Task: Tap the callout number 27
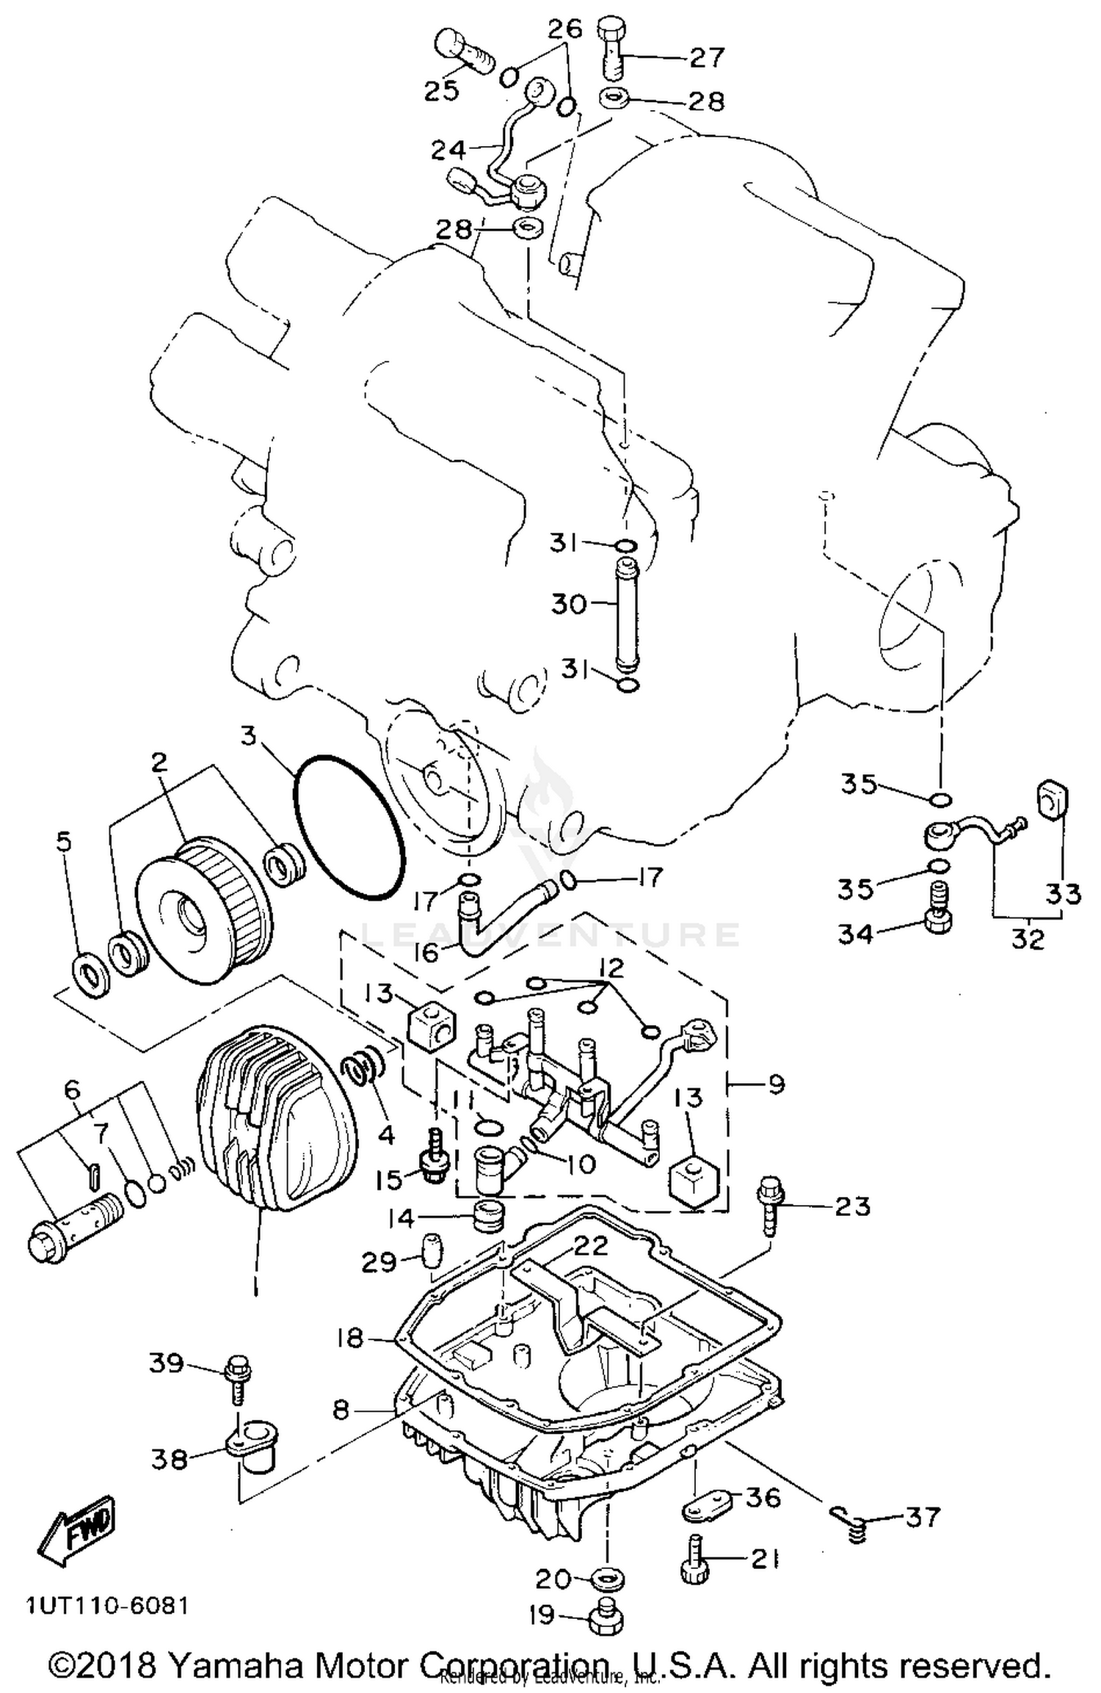point(707,57)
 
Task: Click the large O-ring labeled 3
point(349,828)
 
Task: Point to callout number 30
point(570,605)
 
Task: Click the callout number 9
point(777,1085)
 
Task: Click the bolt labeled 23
point(769,1215)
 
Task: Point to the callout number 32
point(1027,940)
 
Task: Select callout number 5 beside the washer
point(64,842)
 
